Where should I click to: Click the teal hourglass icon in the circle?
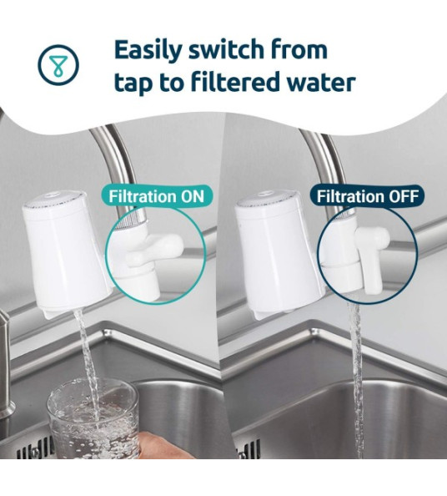[58, 64]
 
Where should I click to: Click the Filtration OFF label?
[368, 196]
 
